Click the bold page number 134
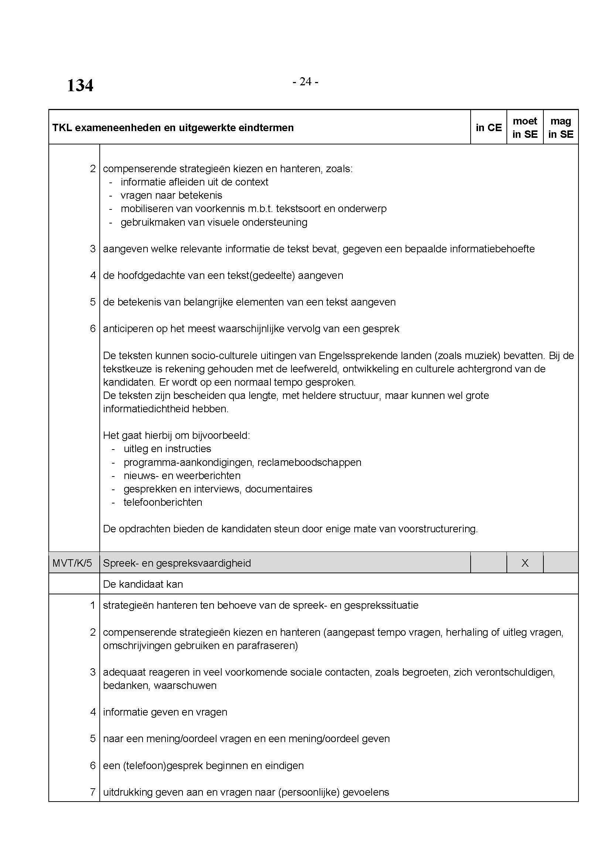click(x=80, y=86)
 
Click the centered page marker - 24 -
click(x=305, y=82)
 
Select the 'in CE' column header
click(x=488, y=127)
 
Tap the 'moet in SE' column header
click(x=525, y=127)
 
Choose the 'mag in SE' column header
click(x=561, y=127)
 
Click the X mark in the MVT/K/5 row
click(x=525, y=563)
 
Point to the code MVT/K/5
click(x=72, y=563)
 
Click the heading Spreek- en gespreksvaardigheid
click(x=177, y=563)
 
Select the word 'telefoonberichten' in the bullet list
click(x=163, y=502)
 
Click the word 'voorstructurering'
click(x=437, y=529)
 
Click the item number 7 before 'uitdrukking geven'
click(x=93, y=792)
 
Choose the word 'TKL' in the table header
click(x=62, y=128)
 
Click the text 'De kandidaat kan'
click(x=143, y=584)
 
